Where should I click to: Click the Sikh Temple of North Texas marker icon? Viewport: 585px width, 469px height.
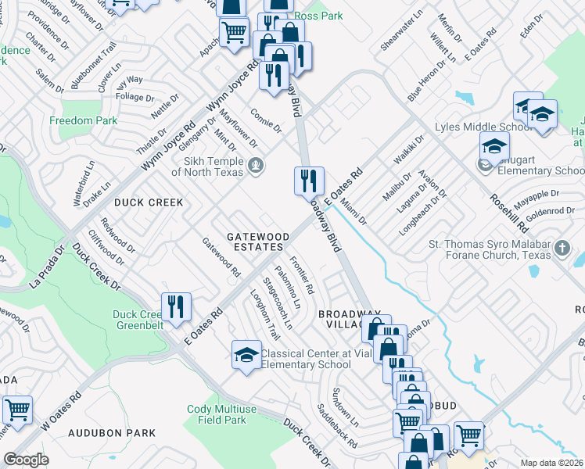(256, 165)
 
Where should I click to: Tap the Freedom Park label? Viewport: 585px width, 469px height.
(83, 120)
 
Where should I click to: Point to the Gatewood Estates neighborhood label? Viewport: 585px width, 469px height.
(254, 242)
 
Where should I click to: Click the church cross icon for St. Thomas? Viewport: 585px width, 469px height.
(562, 249)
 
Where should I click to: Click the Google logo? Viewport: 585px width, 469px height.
(26, 460)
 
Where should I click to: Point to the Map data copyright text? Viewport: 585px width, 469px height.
(551, 463)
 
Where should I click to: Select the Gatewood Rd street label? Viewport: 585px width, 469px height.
(221, 258)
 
